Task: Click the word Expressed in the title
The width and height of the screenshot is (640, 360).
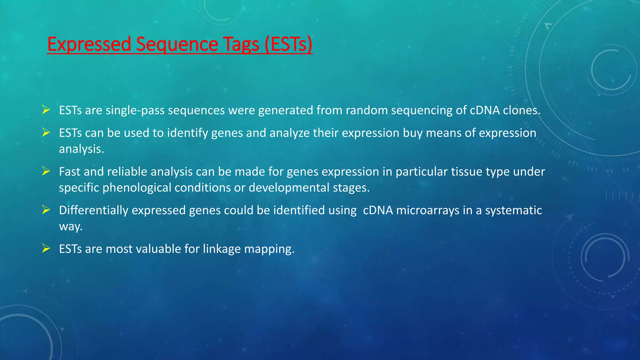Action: click(x=89, y=44)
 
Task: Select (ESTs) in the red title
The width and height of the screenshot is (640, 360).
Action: click(x=288, y=44)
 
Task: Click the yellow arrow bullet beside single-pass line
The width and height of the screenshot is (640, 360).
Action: click(x=46, y=110)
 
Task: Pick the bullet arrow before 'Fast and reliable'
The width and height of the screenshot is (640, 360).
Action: click(x=46, y=171)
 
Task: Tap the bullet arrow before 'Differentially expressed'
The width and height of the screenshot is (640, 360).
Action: click(x=46, y=210)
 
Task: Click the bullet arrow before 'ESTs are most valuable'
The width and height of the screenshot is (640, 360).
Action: click(x=46, y=248)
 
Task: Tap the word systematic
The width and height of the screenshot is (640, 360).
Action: click(x=513, y=210)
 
